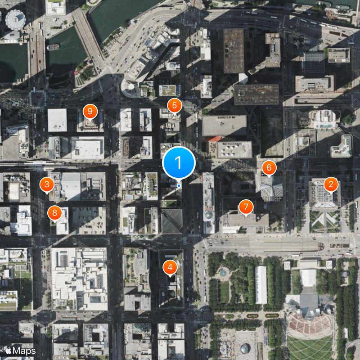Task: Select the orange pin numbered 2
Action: (x=331, y=184)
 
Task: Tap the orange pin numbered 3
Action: (x=46, y=184)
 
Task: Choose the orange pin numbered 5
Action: (x=174, y=106)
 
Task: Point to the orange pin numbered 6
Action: (x=269, y=168)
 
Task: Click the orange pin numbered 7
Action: (x=246, y=207)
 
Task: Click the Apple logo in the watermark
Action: (x=8, y=350)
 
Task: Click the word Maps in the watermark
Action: (x=24, y=350)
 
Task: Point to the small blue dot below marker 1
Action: (x=179, y=185)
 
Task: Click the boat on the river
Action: (x=53, y=47)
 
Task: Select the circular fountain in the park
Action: (x=223, y=273)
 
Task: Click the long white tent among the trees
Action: (x=261, y=284)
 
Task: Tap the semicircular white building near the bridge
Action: (x=130, y=88)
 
